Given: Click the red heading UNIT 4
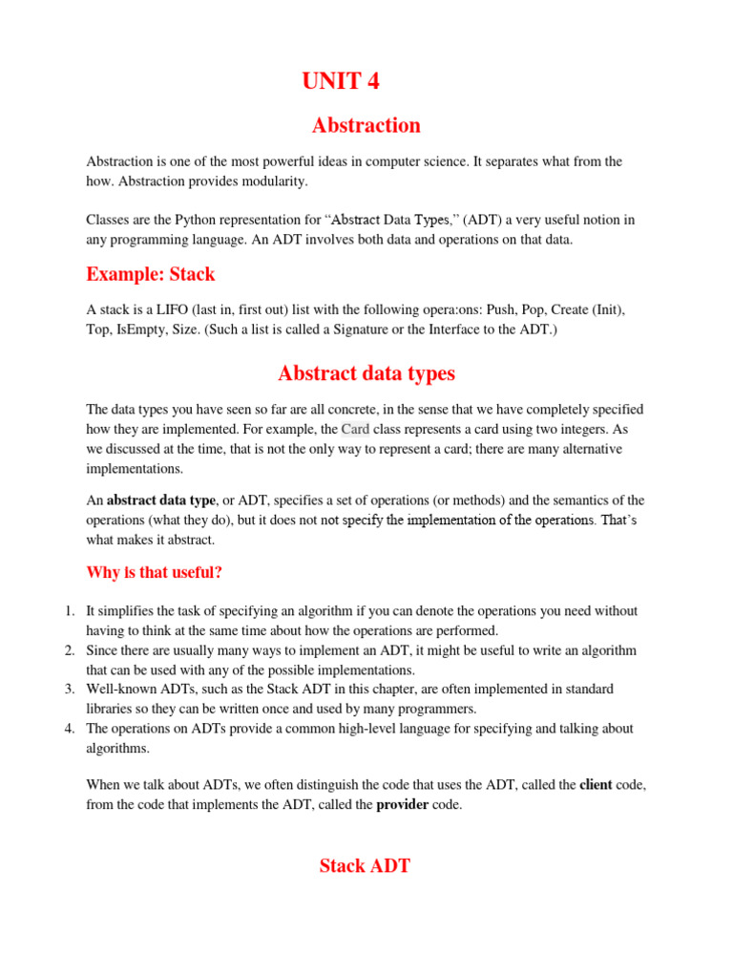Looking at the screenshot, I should pyautogui.click(x=341, y=82).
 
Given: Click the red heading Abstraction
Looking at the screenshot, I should pyautogui.click(x=366, y=125).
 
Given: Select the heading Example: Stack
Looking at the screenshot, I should pyautogui.click(x=150, y=274).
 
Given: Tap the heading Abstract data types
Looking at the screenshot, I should pyautogui.click(x=366, y=372).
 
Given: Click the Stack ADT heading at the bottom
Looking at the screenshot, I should pyautogui.click(x=366, y=865).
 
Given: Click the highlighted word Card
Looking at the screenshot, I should pyautogui.click(x=355, y=429).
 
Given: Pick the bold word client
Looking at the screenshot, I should pyautogui.click(x=599, y=784).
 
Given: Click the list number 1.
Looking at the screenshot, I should pyautogui.click(x=70, y=610).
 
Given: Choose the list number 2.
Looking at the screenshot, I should pyautogui.click(x=70, y=650).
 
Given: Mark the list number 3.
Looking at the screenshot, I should pyautogui.click(x=70, y=689).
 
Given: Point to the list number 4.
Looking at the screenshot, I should pyautogui.click(x=70, y=729).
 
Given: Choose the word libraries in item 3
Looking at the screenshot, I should pyautogui.click(x=111, y=709).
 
